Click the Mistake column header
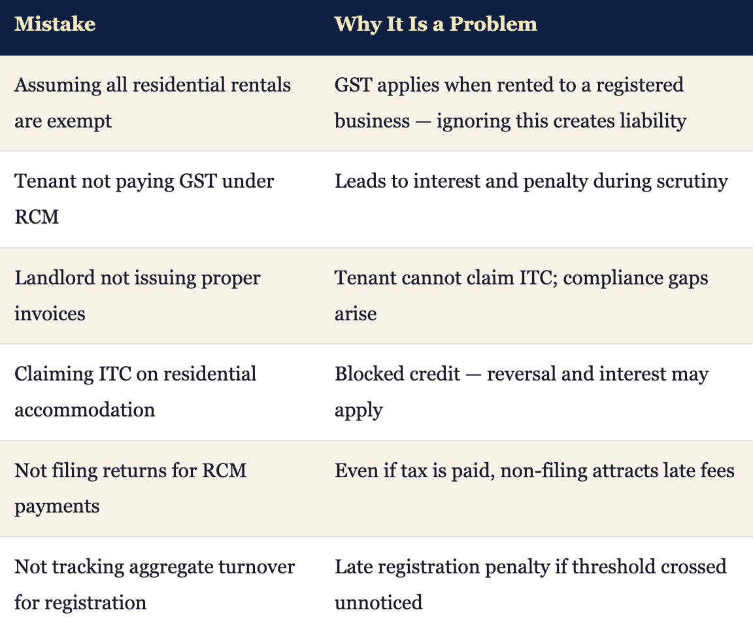pos(55,24)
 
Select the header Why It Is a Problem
pos(435,24)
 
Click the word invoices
pos(50,314)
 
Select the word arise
pos(356,314)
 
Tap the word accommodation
pos(84,411)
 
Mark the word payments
pos(57,507)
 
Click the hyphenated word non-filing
pos(544,471)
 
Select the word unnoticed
pos(378,603)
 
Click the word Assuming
pos(58,86)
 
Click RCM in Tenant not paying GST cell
pos(37,217)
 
